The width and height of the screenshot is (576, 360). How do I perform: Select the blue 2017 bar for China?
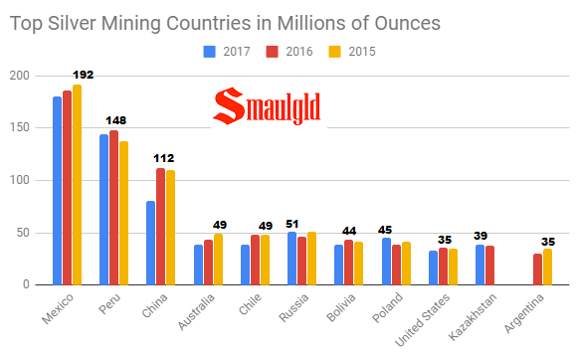pyautogui.click(x=150, y=243)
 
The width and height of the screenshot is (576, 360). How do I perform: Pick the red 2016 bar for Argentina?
pyautogui.click(x=538, y=270)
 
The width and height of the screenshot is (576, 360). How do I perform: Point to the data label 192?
pyautogui.click(x=83, y=75)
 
